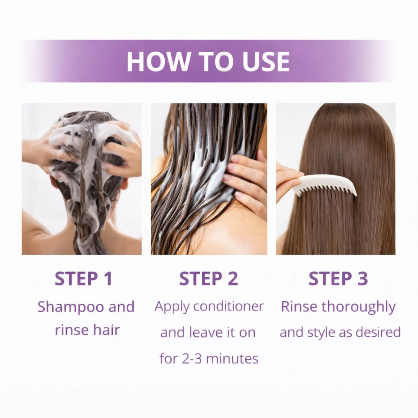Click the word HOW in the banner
[x=158, y=62]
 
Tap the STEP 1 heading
[x=84, y=279]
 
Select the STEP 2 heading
[x=209, y=279]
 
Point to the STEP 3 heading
[x=338, y=279]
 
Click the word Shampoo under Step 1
[x=71, y=307]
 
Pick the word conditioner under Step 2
[x=228, y=306]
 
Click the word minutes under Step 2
[x=232, y=358]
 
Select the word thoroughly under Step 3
[x=358, y=307]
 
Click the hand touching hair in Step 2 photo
[x=246, y=184]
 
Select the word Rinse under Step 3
[x=299, y=307]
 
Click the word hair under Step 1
[x=106, y=330]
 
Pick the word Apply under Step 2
[x=172, y=307]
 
